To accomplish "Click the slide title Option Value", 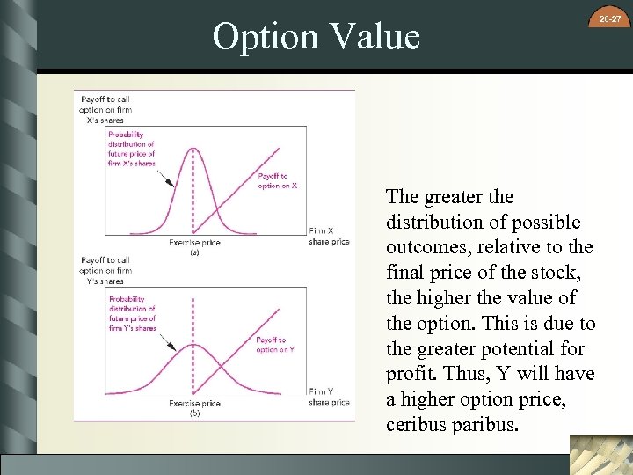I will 316,36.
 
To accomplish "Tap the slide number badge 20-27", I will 610,18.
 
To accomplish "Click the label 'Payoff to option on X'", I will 278,181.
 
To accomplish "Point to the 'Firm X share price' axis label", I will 330,237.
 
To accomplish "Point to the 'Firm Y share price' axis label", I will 330,397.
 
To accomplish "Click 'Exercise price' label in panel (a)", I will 194,243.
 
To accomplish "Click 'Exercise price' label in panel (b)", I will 194,404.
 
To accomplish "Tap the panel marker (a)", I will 194,252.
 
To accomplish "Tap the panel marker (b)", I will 194,413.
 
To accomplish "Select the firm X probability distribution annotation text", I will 132,149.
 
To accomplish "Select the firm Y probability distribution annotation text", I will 132,313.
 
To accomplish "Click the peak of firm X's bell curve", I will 193,148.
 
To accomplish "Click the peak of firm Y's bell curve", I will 193,344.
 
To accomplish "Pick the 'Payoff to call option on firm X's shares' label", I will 105,109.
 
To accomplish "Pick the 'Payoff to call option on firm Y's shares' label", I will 105,270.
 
